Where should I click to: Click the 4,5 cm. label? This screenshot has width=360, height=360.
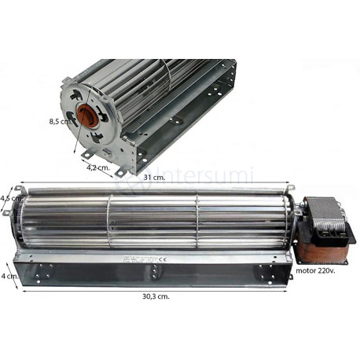[x=10, y=199]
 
